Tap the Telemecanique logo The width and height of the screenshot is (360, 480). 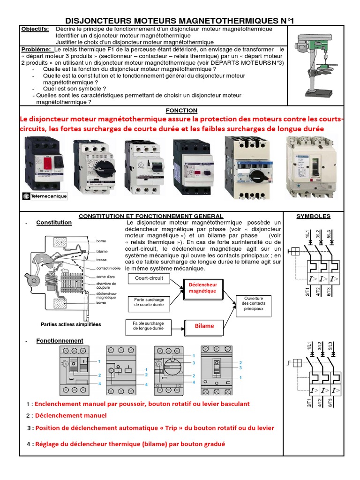point(43,196)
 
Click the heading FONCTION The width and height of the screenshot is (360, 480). point(181,110)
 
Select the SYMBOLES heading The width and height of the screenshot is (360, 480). point(314,216)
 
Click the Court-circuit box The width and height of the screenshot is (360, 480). point(149,278)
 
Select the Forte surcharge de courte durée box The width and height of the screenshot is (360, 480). point(149,302)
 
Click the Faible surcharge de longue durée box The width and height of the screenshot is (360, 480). point(148,326)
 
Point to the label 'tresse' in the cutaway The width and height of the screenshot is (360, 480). point(101,259)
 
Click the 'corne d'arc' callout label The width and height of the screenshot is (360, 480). point(106,276)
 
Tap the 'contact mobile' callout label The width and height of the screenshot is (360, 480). point(108,268)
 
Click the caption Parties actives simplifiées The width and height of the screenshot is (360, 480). point(71,324)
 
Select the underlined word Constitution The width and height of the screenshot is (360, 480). point(54,223)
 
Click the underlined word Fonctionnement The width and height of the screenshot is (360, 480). point(60,341)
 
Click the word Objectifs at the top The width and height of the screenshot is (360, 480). point(35,29)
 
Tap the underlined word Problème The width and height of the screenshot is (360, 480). point(37,49)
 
